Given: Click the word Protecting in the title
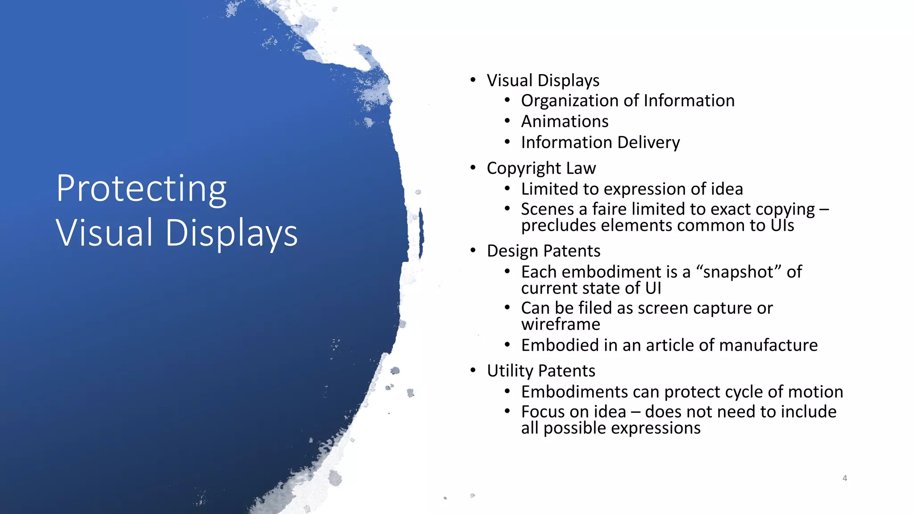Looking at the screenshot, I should point(141,190).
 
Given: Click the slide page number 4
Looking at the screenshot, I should point(844,478).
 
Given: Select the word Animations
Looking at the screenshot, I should point(565,121).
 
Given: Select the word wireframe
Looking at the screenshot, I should point(561,324).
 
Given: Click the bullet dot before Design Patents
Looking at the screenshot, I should point(473,250).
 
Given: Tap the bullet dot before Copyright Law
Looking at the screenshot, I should point(473,168).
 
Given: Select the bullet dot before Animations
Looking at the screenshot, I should point(507,121).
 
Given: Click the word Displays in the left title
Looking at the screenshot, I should point(231,233).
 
